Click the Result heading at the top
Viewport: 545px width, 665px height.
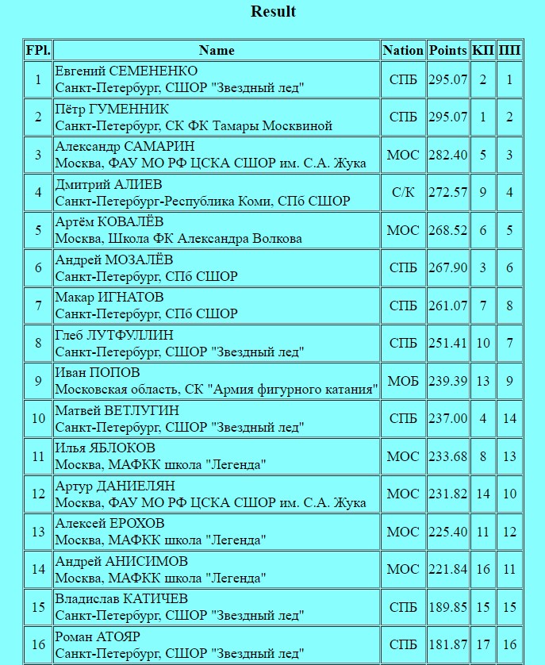(273, 12)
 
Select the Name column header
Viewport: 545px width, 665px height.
(217, 50)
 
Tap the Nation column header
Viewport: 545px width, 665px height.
(403, 50)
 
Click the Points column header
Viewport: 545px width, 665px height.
(448, 50)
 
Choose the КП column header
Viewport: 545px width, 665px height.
(483, 50)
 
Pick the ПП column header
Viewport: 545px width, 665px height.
(509, 50)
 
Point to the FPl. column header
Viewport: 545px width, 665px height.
(38, 50)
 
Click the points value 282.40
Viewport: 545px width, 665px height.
(448, 155)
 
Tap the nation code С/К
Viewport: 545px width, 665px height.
(403, 193)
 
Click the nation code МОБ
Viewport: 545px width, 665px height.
(403, 382)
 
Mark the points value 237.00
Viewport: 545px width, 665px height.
(448, 419)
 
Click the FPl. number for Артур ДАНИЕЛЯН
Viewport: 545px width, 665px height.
(38, 494)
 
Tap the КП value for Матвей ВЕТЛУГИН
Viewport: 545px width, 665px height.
(483, 419)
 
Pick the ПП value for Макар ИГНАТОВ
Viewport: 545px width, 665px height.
(509, 306)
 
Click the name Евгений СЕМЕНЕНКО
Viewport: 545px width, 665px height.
(126, 71)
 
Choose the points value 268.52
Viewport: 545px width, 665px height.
(448, 230)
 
